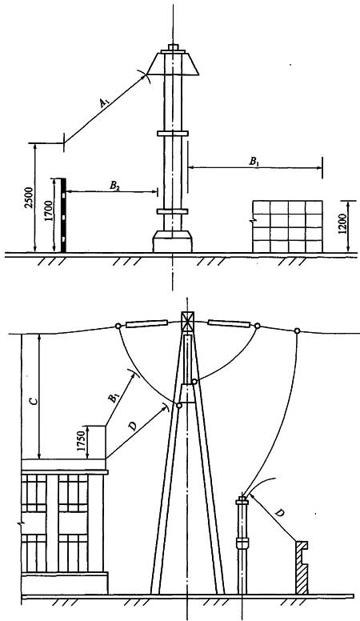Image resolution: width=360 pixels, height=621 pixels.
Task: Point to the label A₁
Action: pyautogui.click(x=105, y=103)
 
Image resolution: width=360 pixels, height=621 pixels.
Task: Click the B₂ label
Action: pyautogui.click(x=115, y=186)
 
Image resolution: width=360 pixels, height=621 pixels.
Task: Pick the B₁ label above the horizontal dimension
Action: pyautogui.click(x=254, y=161)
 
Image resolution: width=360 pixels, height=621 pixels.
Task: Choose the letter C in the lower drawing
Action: pyautogui.click(x=34, y=401)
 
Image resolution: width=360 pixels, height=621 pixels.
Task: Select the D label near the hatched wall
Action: pyautogui.click(x=279, y=513)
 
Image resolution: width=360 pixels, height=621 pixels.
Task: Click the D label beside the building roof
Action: pyautogui.click(x=133, y=427)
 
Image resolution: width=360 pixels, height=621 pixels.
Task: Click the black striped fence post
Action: pyautogui.click(x=63, y=215)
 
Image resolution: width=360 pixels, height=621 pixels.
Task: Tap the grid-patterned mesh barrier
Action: pyautogui.click(x=287, y=226)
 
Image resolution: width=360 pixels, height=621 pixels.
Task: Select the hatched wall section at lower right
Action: pyautogui.click(x=302, y=567)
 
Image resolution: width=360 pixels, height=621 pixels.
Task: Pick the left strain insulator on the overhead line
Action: pyautogui.click(x=147, y=324)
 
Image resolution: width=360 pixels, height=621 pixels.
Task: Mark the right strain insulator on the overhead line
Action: pyautogui.click(x=230, y=323)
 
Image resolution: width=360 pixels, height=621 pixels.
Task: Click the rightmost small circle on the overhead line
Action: pyautogui.click(x=297, y=331)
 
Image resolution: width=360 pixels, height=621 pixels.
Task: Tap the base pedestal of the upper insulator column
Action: pyautogui.click(x=173, y=241)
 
